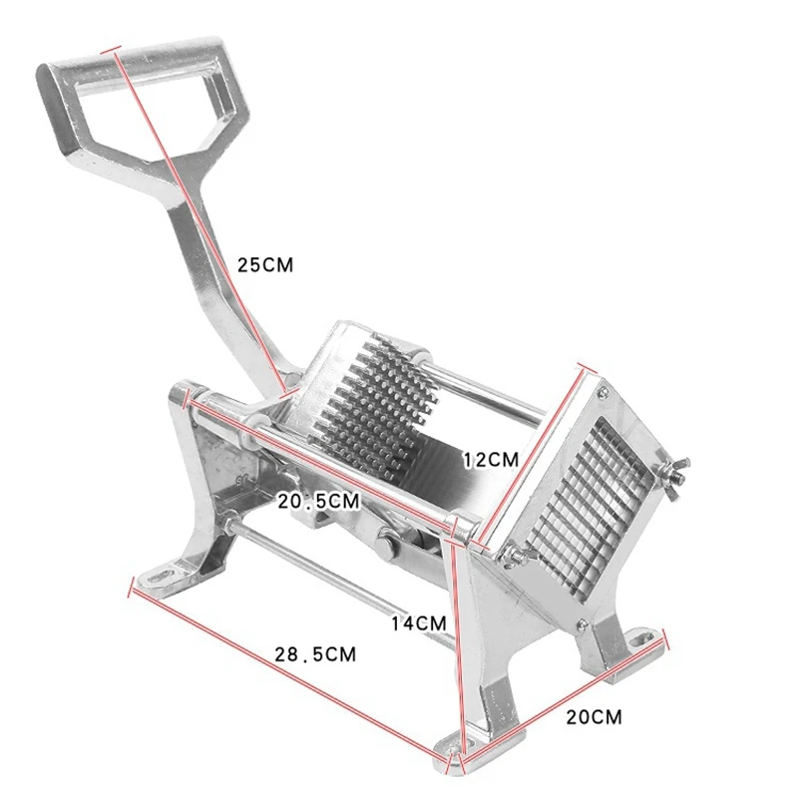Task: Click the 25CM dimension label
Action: point(265,265)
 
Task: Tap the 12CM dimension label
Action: point(491,460)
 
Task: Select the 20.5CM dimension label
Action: point(318,502)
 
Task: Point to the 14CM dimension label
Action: point(418,622)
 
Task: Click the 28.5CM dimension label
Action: point(315,654)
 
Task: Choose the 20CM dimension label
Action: point(595,717)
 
